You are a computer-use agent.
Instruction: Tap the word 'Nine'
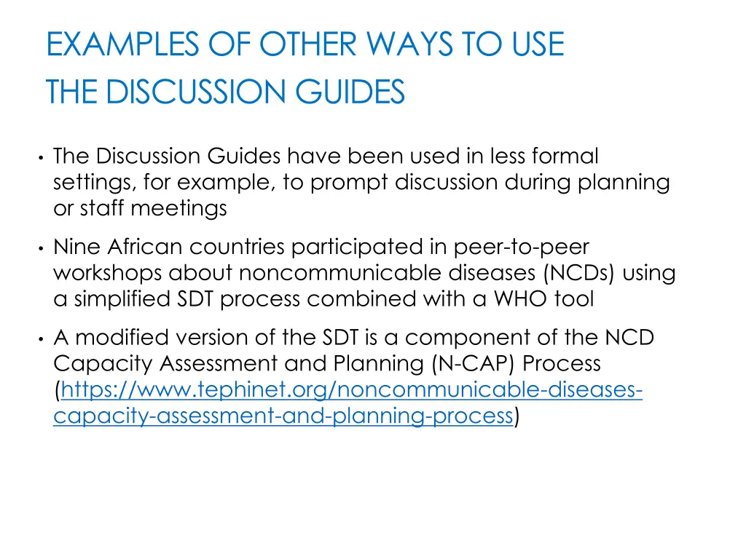(76, 247)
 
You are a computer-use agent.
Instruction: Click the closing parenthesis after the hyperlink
(517, 416)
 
